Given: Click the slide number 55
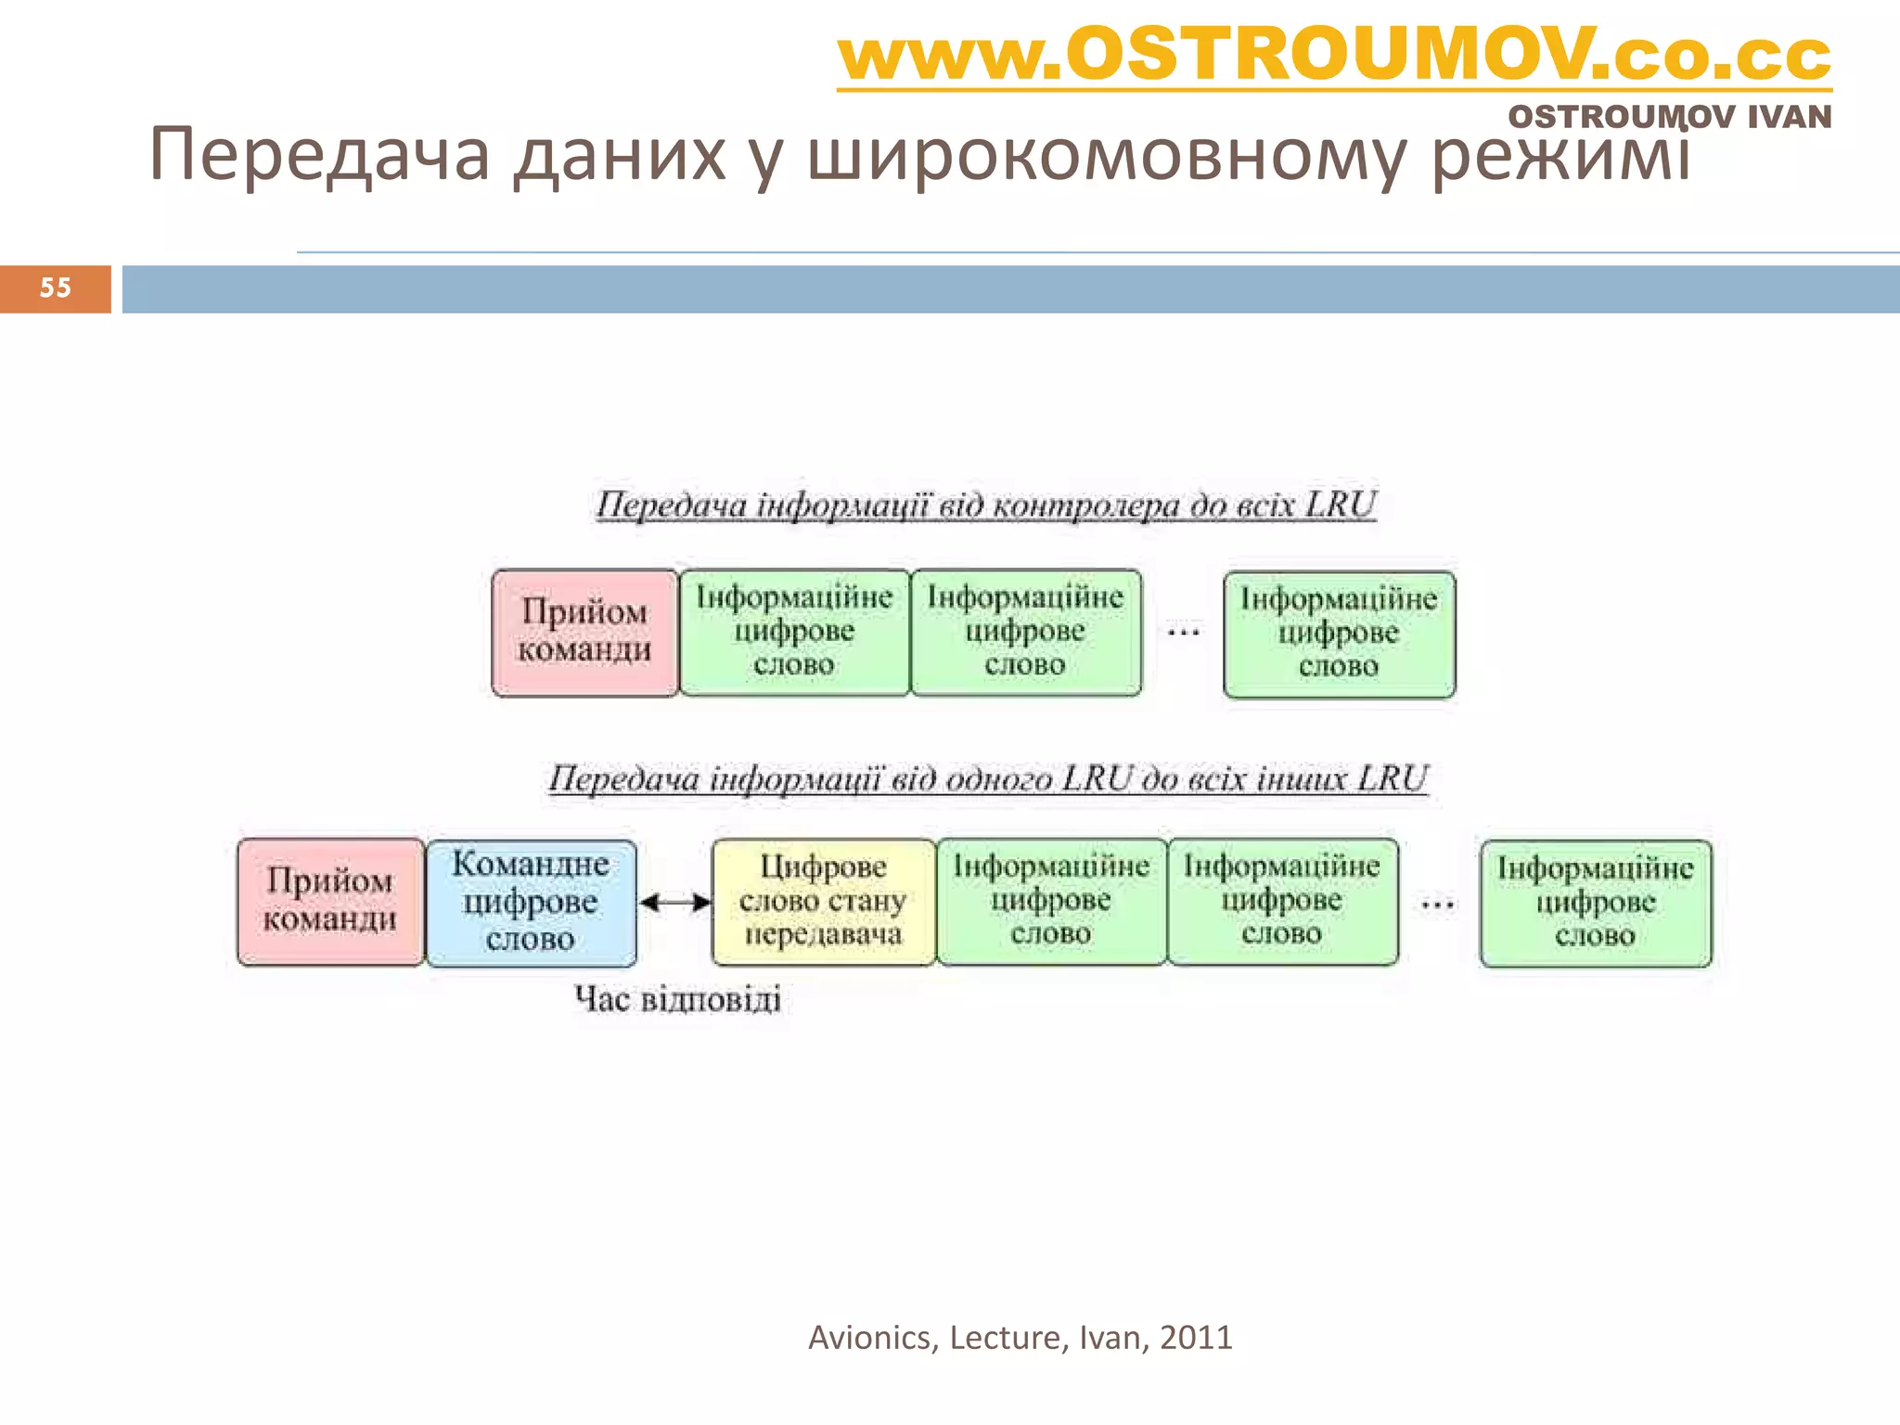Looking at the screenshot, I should pyautogui.click(x=56, y=289).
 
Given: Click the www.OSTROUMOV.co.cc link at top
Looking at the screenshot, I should pyautogui.click(x=1333, y=56).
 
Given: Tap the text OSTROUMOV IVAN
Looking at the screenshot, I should pyautogui.click(x=1669, y=118).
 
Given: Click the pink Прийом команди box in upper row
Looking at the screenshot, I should pyautogui.click(x=584, y=633).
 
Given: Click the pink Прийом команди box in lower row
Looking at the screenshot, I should pyautogui.click(x=330, y=902).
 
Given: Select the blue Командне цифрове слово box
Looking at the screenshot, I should pyautogui.click(x=531, y=903).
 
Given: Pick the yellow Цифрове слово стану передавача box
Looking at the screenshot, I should pyautogui.click(x=823, y=902).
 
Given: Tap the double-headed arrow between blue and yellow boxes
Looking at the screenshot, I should pyautogui.click(x=675, y=903).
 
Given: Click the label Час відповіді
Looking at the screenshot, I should pyautogui.click(x=677, y=1000).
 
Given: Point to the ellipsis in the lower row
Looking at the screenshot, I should pyautogui.click(x=1437, y=904).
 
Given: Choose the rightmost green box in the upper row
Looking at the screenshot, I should pyautogui.click(x=1339, y=635).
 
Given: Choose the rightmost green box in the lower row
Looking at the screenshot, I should pyautogui.click(x=1595, y=904).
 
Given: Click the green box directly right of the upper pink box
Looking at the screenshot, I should pyautogui.click(x=794, y=633).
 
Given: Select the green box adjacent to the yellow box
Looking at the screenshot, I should pyautogui.click(x=1051, y=902).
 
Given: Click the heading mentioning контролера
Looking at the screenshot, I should pyautogui.click(x=985, y=506).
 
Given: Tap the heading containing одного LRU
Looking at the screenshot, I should pyautogui.click(x=987, y=779).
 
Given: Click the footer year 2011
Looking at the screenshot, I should pyautogui.click(x=1196, y=1338).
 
